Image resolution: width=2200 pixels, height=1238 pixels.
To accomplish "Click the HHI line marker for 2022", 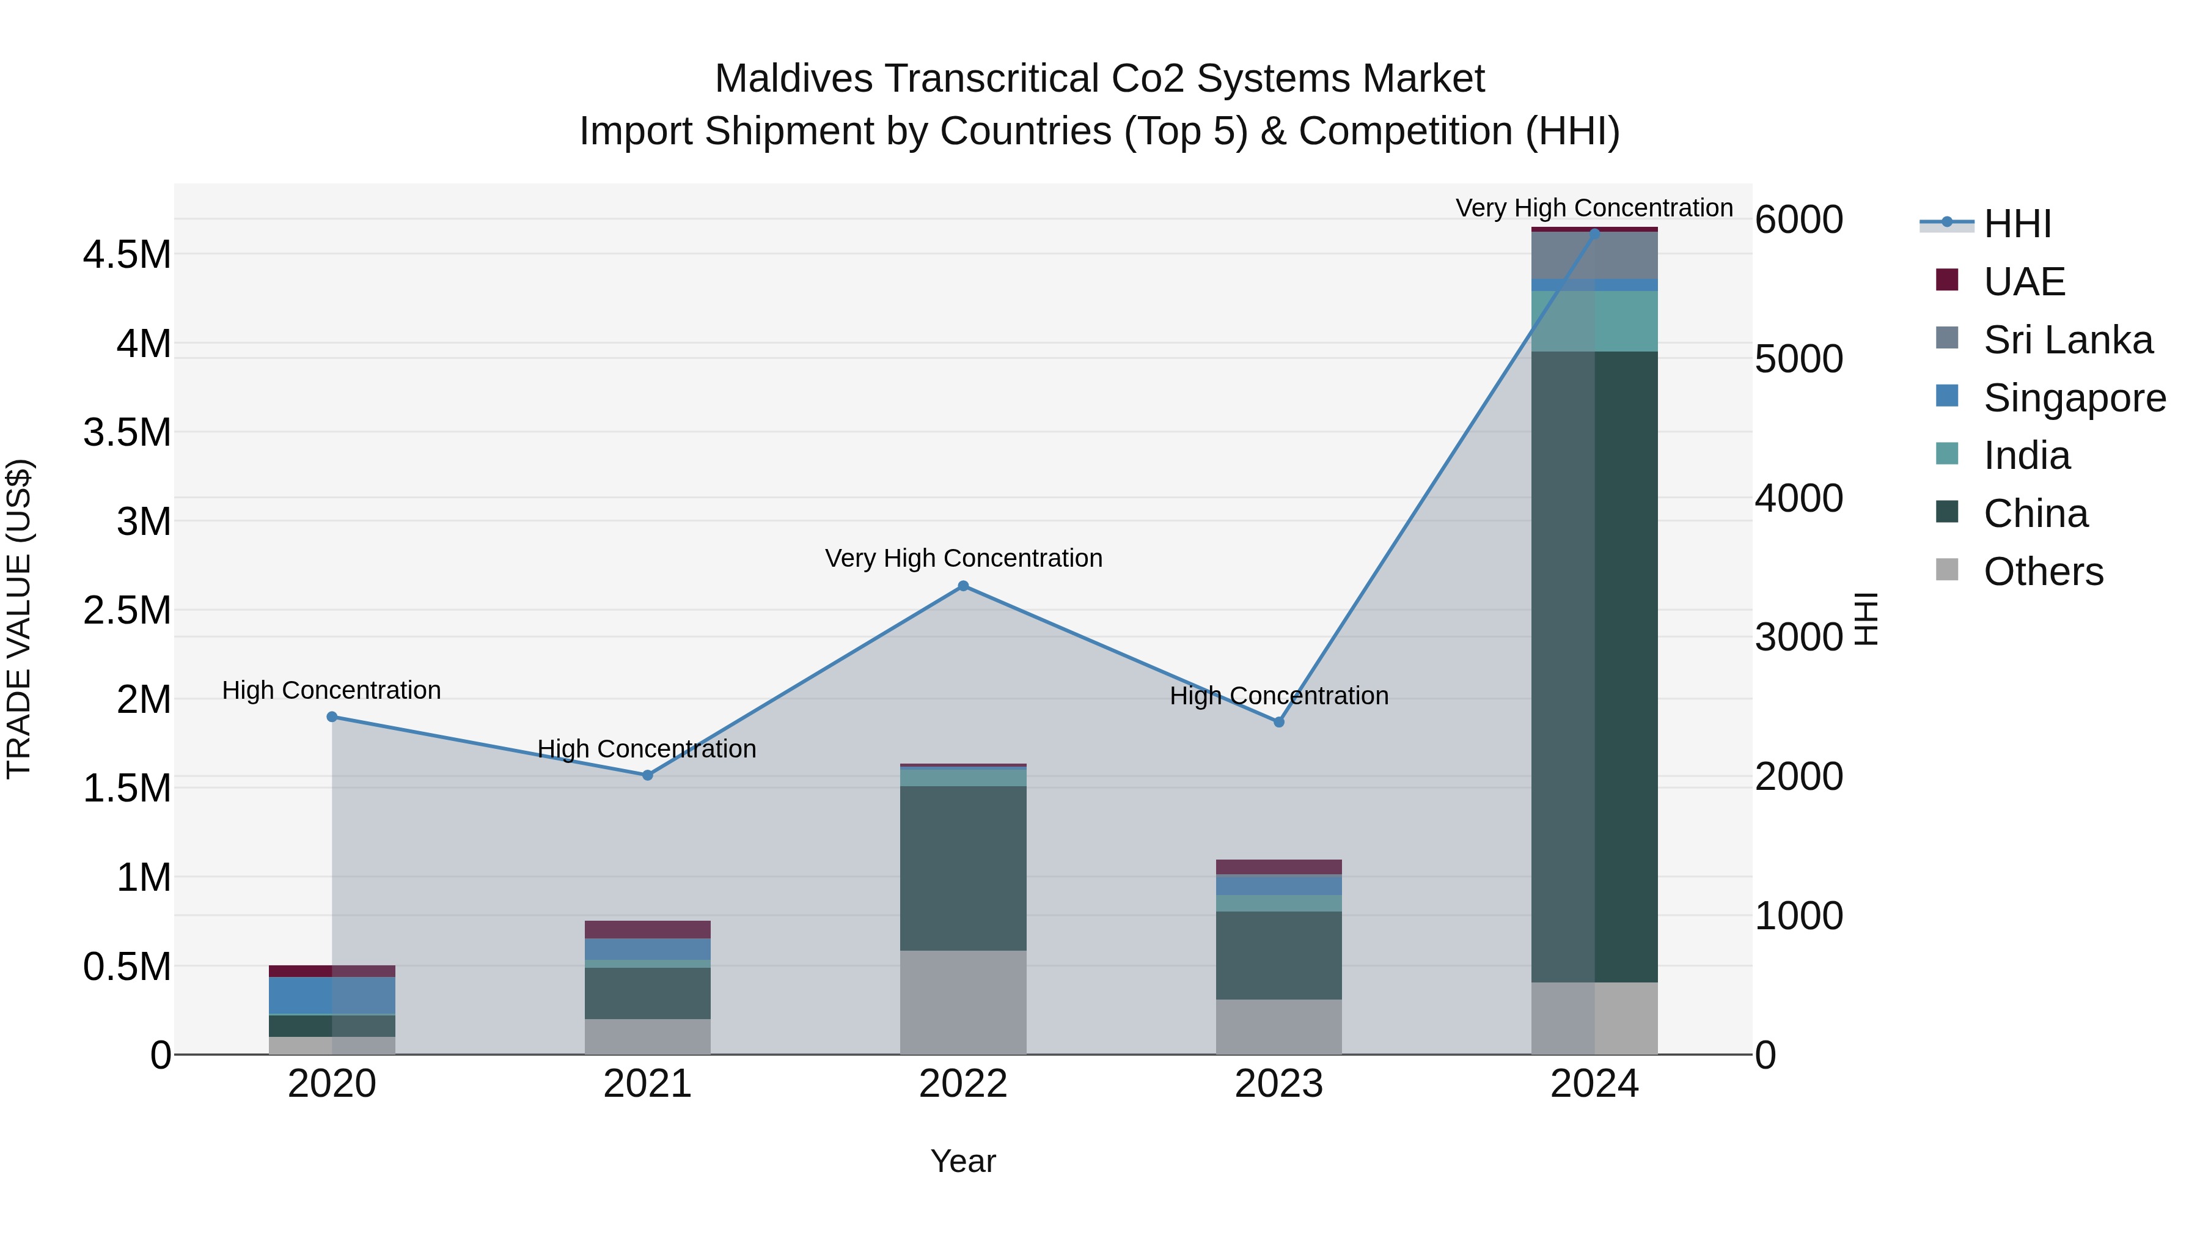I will pyautogui.click(x=963, y=586).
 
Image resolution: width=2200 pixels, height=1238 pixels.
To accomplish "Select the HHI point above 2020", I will pyautogui.click(x=332, y=717).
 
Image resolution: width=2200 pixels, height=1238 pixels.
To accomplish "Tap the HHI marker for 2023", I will pyautogui.click(x=1278, y=722).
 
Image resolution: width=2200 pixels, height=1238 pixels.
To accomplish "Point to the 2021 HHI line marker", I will pyautogui.click(x=647, y=775).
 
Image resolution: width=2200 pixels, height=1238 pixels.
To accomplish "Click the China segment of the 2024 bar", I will pyautogui.click(x=1594, y=666).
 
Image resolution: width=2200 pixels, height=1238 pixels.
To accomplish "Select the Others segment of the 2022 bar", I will pyautogui.click(x=963, y=1002).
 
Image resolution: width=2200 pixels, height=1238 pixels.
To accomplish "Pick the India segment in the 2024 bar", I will pyautogui.click(x=1594, y=321).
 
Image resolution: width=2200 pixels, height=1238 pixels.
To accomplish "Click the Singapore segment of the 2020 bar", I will pyautogui.click(x=332, y=995).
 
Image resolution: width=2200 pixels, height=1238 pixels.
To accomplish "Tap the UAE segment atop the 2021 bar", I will pyautogui.click(x=647, y=929).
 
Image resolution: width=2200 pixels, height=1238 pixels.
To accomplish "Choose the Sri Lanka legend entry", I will pyautogui.click(x=2067, y=340).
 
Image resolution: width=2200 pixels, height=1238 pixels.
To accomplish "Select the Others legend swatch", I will pyautogui.click(x=1946, y=570).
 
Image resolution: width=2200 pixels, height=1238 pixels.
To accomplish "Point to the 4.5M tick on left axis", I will pyautogui.click(x=127, y=254).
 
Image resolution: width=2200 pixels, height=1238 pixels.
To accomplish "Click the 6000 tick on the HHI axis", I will pyautogui.click(x=1798, y=219).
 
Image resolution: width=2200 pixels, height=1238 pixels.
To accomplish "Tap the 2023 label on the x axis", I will pyautogui.click(x=1278, y=1084).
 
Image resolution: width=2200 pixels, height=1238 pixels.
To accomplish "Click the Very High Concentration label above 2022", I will pyautogui.click(x=963, y=558).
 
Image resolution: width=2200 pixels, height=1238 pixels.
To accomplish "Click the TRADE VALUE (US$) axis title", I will pyautogui.click(x=19, y=619).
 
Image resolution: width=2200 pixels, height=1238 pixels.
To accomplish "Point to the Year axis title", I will pyautogui.click(x=963, y=1161).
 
